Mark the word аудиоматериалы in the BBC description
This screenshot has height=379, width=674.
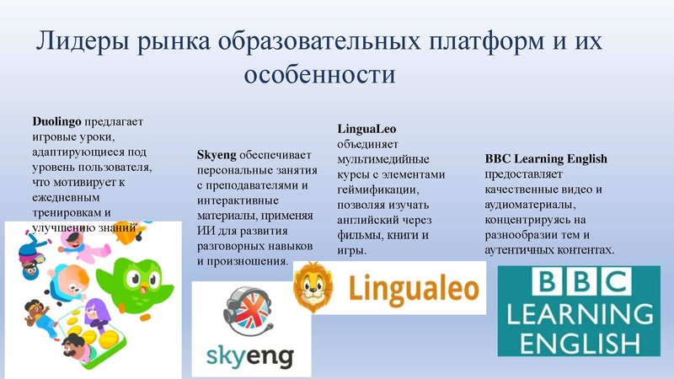point(528,204)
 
